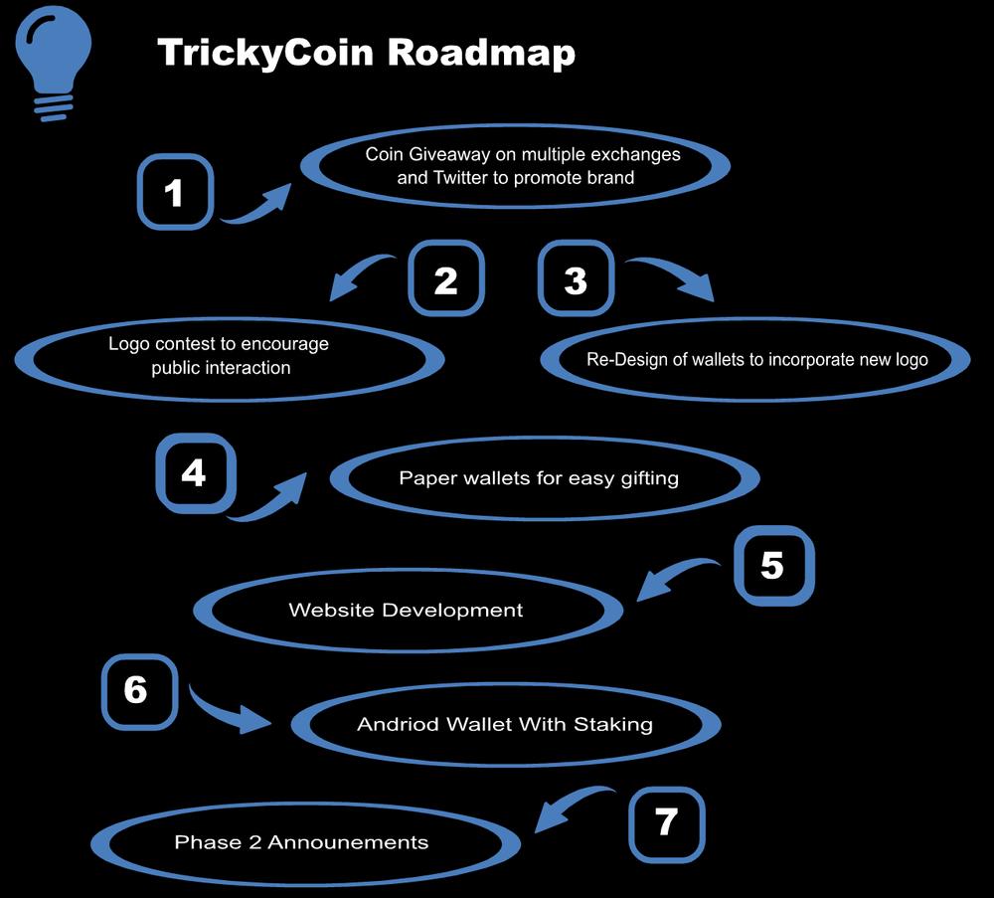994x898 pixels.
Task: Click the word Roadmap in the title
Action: coord(481,53)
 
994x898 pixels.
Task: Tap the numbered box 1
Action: coord(174,192)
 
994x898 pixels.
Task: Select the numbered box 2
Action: coord(446,280)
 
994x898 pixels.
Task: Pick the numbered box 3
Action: coord(576,280)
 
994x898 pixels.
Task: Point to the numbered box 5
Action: coord(772,566)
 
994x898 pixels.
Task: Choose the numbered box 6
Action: coord(137,689)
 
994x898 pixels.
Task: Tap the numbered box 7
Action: coord(667,821)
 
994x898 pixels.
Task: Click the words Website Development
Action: coord(406,610)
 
